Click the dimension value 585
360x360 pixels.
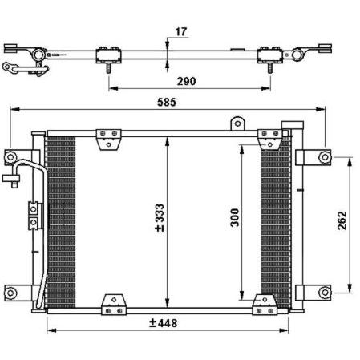(167, 103)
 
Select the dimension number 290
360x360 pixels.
(186, 81)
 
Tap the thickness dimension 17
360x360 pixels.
(181, 32)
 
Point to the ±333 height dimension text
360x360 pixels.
(160, 218)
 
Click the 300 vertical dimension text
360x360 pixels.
(235, 218)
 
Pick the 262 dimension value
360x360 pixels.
(342, 220)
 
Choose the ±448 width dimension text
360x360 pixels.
(163, 323)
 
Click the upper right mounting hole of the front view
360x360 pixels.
(325, 157)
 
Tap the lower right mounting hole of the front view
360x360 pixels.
(325, 293)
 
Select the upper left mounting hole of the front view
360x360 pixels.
(10, 157)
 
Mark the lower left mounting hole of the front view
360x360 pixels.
(10, 293)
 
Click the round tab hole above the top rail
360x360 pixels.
(237, 123)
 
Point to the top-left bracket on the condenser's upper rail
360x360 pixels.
(108, 140)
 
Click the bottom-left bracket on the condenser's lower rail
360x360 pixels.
(114, 305)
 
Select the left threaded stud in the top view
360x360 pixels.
(109, 68)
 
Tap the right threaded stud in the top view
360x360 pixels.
(270, 68)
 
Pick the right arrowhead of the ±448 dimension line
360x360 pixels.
(284, 330)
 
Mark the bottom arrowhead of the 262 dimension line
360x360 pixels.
(350, 288)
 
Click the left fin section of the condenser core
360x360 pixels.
(61, 222)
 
